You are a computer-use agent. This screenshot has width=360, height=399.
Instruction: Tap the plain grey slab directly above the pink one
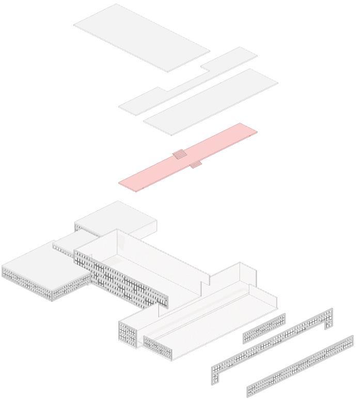coord(212,101)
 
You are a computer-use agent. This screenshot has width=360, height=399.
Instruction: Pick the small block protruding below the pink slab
coord(196,165)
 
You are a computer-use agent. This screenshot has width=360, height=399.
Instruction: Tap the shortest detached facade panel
coord(264,328)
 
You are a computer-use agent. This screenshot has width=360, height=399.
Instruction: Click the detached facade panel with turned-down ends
coord(274,341)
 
